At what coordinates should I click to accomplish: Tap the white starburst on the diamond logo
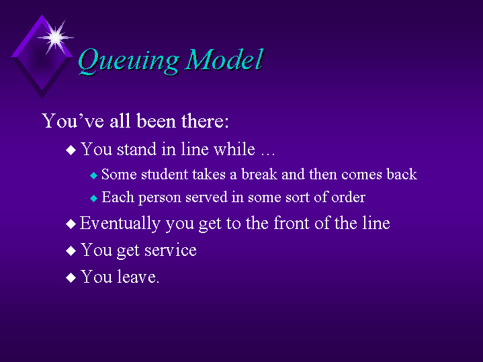pos(56,38)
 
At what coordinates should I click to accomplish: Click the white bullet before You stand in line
pos(71,150)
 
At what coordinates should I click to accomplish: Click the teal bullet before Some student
pos(93,175)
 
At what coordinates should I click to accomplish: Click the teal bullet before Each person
pos(93,198)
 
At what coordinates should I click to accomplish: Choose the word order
pos(348,197)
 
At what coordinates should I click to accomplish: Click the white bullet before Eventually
pos(71,224)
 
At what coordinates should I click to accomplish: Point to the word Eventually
pos(120,224)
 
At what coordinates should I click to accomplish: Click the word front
pos(292,223)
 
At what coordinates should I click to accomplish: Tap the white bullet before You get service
pos(71,251)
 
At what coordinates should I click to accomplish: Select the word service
pos(171,250)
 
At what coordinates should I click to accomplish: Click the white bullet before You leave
pos(71,277)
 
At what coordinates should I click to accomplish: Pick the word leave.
pos(138,276)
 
